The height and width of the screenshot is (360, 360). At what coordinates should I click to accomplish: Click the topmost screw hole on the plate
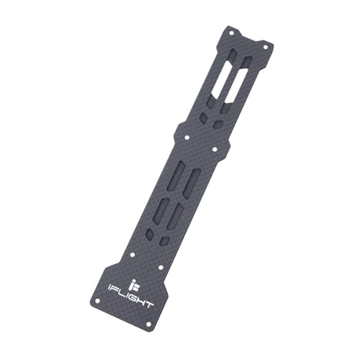(232, 32)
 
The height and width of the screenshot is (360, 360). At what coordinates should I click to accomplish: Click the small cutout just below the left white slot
(204, 119)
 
